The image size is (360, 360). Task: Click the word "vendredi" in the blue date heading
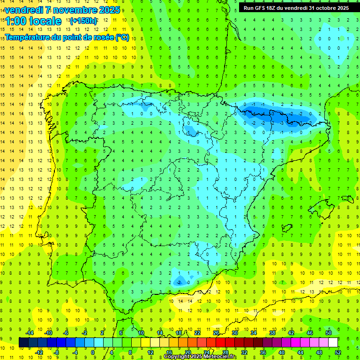tap(23, 10)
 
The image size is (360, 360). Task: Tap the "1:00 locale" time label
tap(33, 21)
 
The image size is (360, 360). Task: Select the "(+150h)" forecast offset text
tap(83, 21)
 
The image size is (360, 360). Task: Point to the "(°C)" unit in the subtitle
tap(121, 37)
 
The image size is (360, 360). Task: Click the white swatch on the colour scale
tap(333, 342)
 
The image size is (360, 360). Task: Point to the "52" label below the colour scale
tap(338, 352)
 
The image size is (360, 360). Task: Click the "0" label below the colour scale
tap(93, 352)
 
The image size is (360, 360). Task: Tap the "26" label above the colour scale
tap(216, 333)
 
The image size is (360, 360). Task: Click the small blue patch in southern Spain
tap(180, 281)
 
